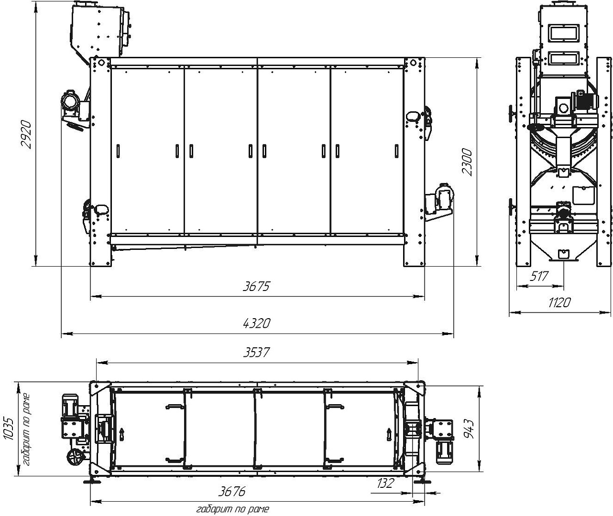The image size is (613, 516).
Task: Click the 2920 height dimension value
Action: click(x=26, y=134)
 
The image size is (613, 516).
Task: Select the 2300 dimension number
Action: click(x=467, y=162)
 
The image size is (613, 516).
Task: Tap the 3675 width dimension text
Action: click(x=256, y=286)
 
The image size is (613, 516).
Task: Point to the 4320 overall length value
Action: click(x=257, y=323)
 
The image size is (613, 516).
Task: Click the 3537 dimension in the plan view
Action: click(x=256, y=352)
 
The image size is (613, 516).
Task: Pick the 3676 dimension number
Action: click(x=231, y=491)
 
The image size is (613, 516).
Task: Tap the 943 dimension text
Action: click(x=470, y=429)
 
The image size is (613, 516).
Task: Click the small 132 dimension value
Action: click(x=385, y=483)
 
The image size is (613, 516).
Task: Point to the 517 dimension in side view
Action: click(x=539, y=276)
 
